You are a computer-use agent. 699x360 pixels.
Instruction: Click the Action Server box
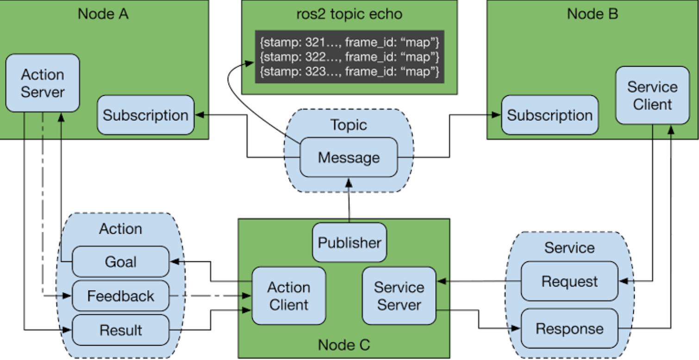pyautogui.click(x=43, y=83)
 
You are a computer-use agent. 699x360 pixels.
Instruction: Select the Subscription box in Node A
pyautogui.click(x=146, y=115)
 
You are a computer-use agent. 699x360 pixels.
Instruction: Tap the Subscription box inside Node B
pyautogui.click(x=550, y=115)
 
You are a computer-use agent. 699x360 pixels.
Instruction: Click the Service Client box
pyautogui.click(x=653, y=95)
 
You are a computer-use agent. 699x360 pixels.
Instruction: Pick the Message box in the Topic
pyautogui.click(x=349, y=157)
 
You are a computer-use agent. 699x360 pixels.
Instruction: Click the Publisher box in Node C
pyautogui.click(x=349, y=242)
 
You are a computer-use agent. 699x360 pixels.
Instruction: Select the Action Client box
pyautogui.click(x=289, y=296)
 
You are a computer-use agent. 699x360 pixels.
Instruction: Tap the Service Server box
pyautogui.click(x=399, y=296)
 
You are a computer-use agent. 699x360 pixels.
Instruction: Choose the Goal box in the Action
pyautogui.click(x=121, y=261)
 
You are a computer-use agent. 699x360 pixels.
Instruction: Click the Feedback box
pyautogui.click(x=121, y=296)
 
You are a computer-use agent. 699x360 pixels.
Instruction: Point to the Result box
pyautogui.click(x=121, y=330)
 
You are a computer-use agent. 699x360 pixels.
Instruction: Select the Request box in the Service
pyautogui.click(x=569, y=281)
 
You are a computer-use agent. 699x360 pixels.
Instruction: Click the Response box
pyautogui.click(x=569, y=329)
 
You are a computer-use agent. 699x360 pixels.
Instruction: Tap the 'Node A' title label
pyautogui.click(x=103, y=14)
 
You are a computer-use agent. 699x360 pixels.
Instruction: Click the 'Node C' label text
pyautogui.click(x=344, y=345)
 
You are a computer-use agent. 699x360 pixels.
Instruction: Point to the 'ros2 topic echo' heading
pyautogui.click(x=349, y=14)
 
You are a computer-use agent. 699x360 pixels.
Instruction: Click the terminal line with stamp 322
pyautogui.click(x=349, y=57)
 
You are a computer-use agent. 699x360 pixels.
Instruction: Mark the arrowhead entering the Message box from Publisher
pyautogui.click(x=349, y=182)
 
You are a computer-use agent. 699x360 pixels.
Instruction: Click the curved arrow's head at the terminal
pyautogui.click(x=250, y=63)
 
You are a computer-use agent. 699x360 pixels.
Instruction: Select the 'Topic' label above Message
pyautogui.click(x=349, y=125)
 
